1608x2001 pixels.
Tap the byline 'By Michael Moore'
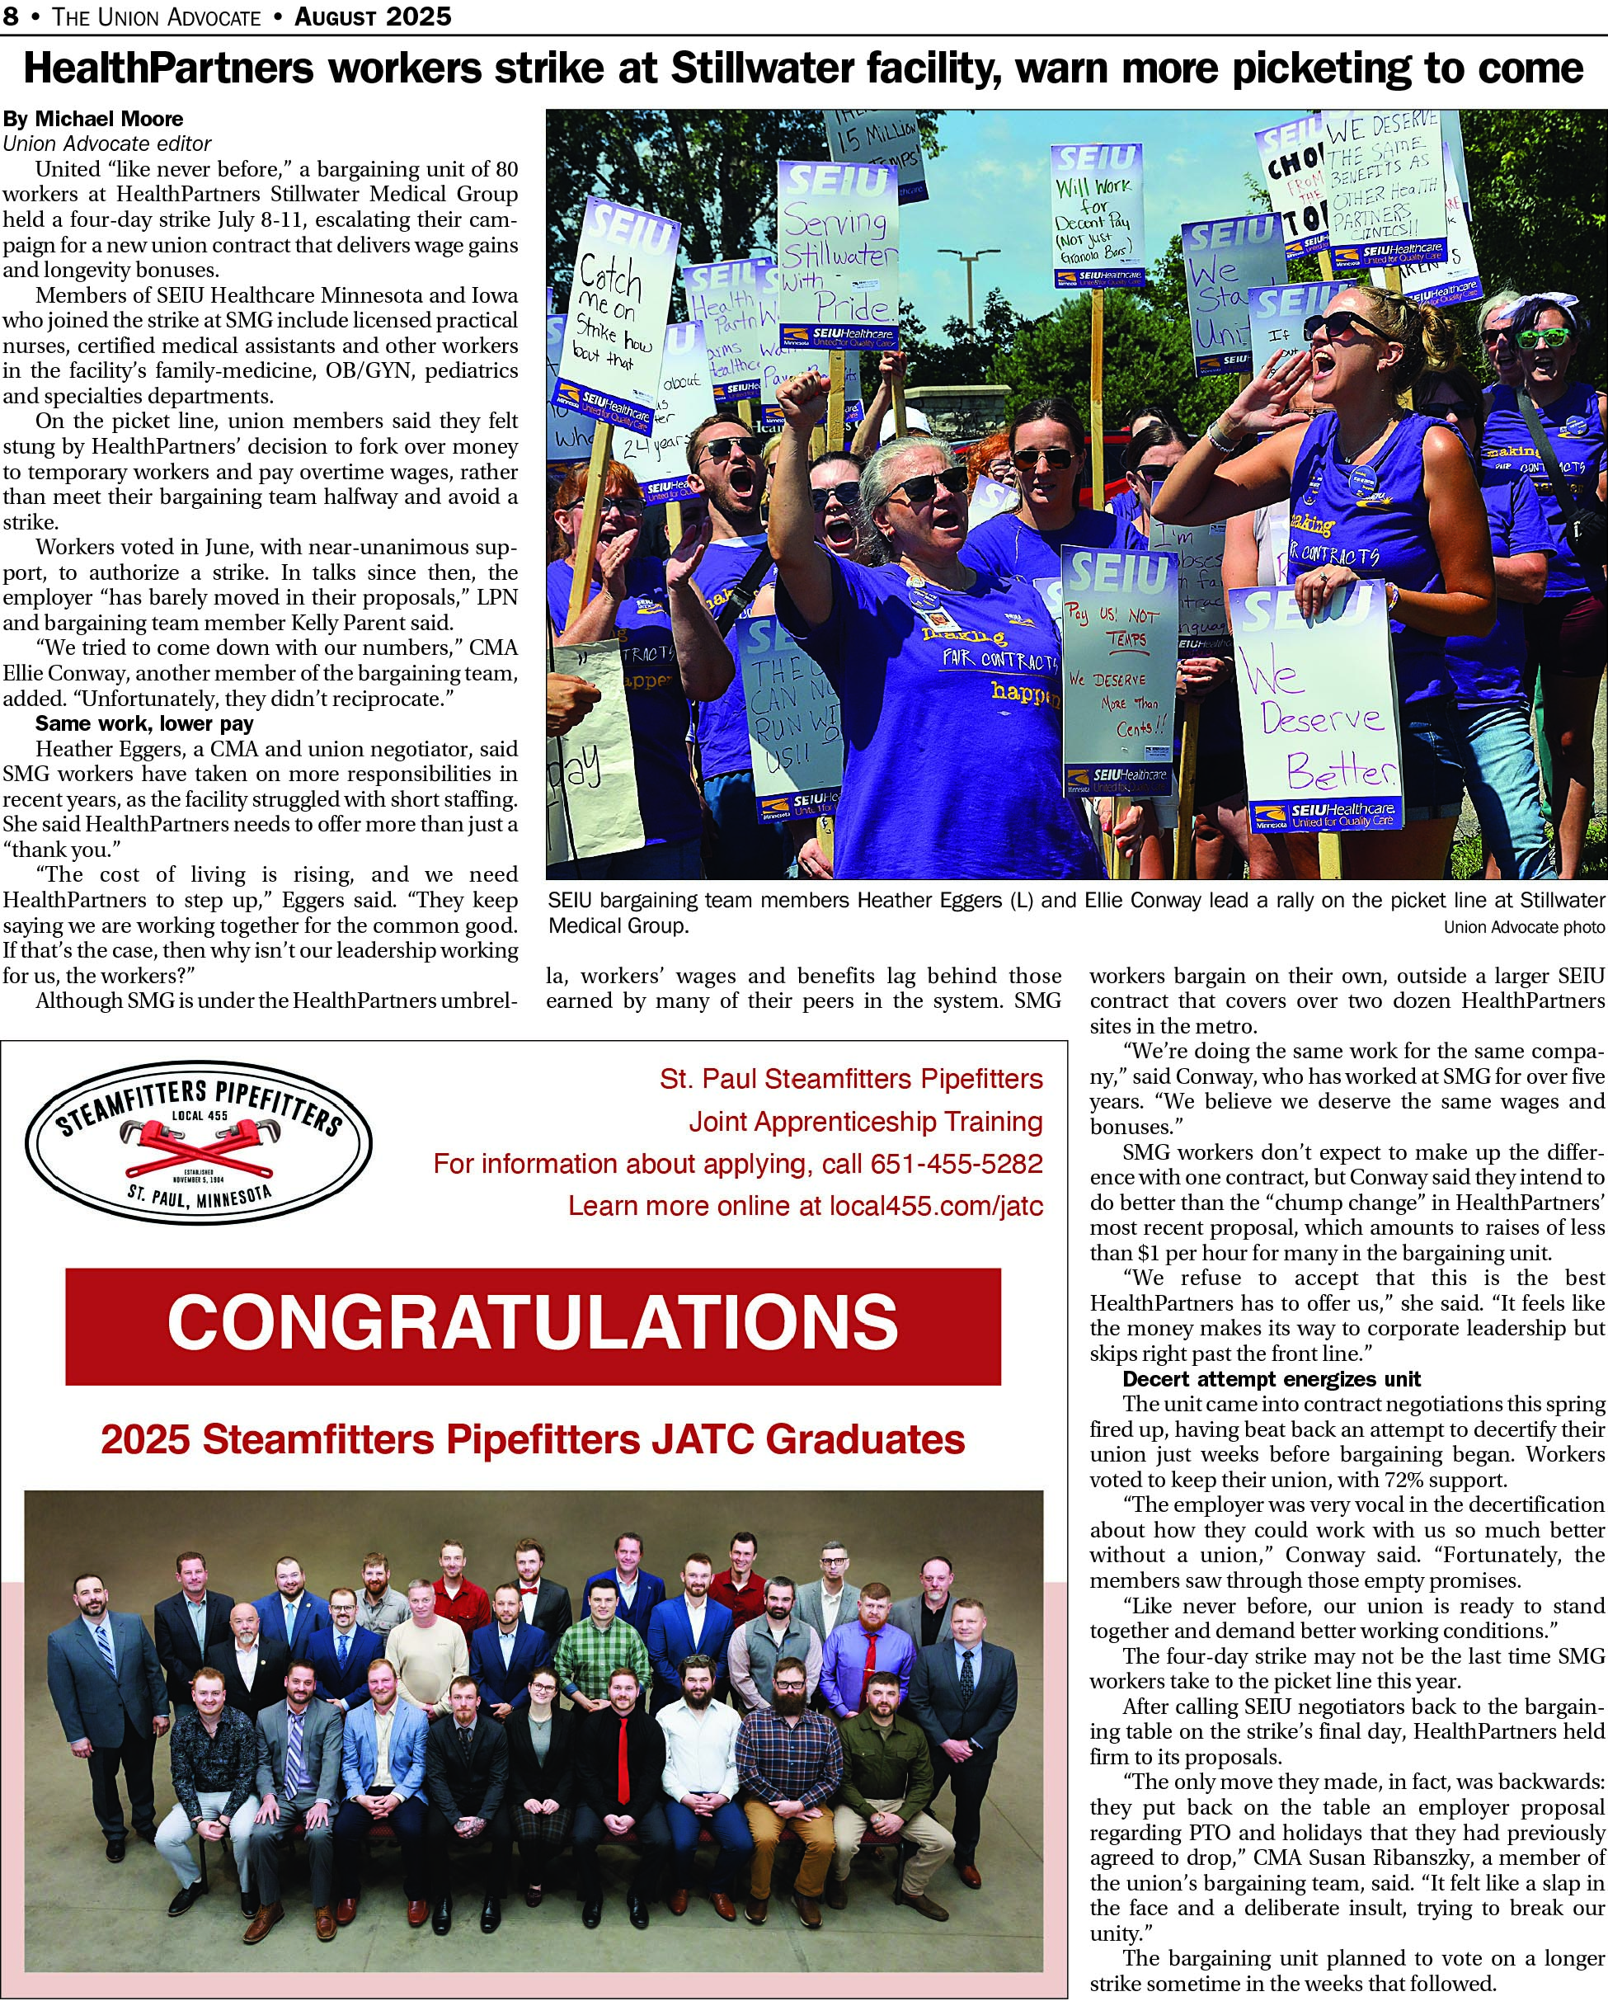coord(93,119)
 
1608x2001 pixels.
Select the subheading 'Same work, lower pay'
coord(143,723)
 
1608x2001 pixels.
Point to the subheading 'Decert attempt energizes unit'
coord(1272,1379)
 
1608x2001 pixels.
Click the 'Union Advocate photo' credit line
coord(1524,926)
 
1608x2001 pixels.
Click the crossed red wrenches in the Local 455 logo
coord(199,1150)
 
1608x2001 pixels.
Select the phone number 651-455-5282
coord(956,1164)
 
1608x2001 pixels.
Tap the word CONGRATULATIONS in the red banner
coord(533,1324)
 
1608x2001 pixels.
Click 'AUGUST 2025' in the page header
coord(373,16)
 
